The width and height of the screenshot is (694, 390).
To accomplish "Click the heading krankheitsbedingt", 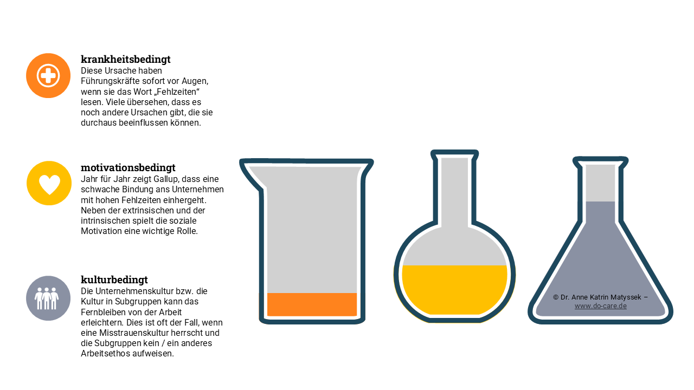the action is [x=125, y=59].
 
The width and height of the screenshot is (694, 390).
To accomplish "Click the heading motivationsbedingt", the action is [x=128, y=168].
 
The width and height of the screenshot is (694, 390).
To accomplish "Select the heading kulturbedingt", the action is [x=114, y=280].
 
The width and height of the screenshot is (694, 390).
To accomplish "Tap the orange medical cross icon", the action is [x=48, y=75].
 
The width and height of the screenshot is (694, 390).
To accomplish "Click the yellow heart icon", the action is [x=49, y=183].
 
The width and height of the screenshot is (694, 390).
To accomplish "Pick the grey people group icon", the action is [x=48, y=298].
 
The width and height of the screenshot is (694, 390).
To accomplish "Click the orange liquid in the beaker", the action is [x=312, y=304].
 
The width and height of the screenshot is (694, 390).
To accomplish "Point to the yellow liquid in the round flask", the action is [x=454, y=289].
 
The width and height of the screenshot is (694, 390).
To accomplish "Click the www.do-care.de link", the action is [x=600, y=306].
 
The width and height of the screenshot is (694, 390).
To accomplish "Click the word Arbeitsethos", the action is [x=105, y=354].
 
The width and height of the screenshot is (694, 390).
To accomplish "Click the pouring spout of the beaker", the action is [x=252, y=174].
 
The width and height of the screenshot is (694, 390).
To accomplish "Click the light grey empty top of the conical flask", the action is [x=600, y=183].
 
